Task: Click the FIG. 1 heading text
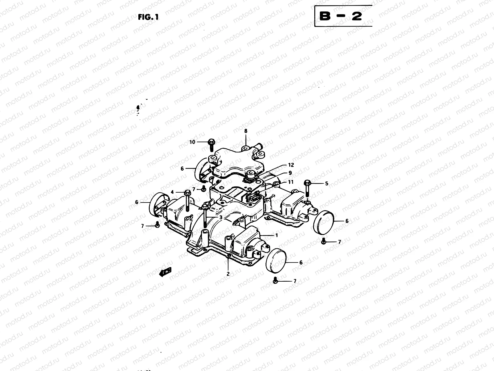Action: [148, 17]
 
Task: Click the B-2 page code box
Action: [343, 16]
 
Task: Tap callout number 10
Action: [192, 142]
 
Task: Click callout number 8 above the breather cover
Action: [246, 131]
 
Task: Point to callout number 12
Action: [291, 165]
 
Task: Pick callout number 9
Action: [290, 173]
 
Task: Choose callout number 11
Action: [291, 182]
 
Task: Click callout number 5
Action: [327, 183]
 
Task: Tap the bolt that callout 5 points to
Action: [308, 187]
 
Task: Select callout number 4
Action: [172, 192]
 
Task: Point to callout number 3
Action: [221, 218]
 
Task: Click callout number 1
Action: [276, 235]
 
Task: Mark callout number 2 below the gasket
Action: [228, 274]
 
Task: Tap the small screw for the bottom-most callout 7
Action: [275, 280]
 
